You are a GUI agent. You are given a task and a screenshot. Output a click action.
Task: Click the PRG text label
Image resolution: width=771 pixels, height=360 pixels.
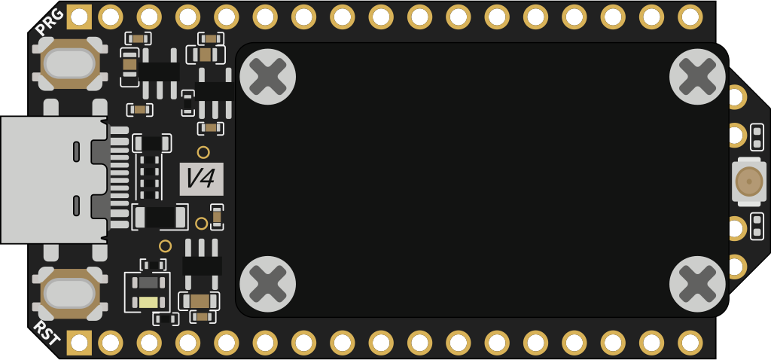point(50,22)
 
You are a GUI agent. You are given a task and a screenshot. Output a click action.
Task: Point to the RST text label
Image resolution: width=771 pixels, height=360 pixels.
point(47,333)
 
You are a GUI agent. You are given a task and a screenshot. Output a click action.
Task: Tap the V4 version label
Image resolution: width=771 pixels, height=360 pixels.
point(202,178)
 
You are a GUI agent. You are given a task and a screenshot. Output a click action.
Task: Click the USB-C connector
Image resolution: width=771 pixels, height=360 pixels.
point(53,180)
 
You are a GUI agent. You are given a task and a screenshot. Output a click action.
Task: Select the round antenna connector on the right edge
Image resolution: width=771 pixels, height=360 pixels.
point(749,181)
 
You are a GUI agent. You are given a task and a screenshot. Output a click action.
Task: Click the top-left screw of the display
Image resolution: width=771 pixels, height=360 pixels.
point(267,77)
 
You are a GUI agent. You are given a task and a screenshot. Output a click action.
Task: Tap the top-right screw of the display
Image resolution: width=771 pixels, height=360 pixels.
point(697,77)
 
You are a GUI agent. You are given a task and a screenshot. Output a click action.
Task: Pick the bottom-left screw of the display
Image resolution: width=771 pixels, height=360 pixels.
point(267,284)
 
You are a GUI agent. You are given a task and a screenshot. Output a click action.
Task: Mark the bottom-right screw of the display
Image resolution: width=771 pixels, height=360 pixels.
point(697,284)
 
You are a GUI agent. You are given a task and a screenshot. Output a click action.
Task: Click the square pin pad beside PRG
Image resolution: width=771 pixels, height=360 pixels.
point(79,17)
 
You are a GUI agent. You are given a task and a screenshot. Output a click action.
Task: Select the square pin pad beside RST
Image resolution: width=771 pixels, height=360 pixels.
point(79,343)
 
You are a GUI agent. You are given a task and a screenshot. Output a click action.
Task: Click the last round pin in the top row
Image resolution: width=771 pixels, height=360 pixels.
point(690,17)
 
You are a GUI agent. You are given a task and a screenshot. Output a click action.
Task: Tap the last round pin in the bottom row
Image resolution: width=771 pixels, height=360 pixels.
point(690,343)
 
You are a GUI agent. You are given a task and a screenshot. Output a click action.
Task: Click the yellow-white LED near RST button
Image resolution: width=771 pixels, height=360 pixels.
point(148,302)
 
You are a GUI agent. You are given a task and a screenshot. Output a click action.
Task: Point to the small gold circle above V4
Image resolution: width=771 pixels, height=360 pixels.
point(203,152)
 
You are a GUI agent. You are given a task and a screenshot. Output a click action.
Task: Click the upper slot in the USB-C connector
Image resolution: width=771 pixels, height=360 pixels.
point(76,151)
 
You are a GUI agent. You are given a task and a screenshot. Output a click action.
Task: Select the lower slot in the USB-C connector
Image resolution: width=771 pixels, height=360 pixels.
point(76,206)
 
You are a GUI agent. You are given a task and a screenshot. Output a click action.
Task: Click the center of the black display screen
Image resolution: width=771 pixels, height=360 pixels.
point(483,180)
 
